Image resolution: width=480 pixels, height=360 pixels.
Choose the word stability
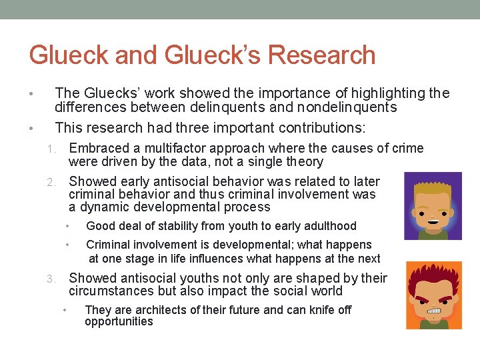(171, 226)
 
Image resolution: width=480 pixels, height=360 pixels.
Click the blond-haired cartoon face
(433, 205)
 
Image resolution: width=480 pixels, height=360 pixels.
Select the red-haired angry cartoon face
(434, 295)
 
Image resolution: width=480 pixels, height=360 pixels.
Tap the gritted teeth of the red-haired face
(434, 309)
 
